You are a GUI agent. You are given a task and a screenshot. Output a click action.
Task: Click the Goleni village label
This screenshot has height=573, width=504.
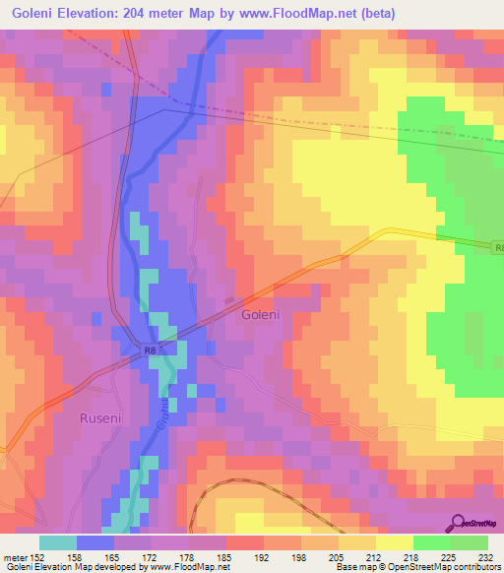click(261, 315)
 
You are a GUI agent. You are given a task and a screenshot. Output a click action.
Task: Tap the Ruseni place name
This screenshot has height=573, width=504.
click(99, 417)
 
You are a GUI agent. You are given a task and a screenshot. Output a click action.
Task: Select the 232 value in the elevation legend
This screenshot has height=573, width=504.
click(484, 556)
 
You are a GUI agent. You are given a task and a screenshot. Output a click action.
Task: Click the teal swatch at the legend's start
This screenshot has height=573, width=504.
click(58, 542)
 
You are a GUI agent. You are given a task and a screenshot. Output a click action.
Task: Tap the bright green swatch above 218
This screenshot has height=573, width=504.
click(432, 542)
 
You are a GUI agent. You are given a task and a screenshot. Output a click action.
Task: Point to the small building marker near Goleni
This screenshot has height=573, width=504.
click(230, 300)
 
